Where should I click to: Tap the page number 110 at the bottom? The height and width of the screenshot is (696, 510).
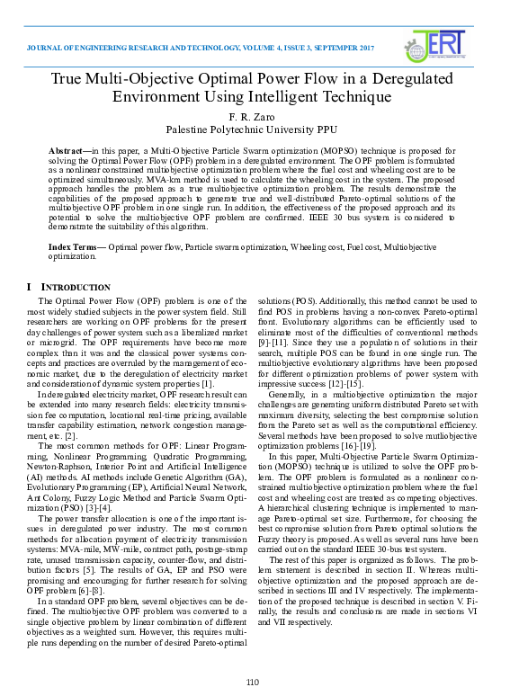(254, 683)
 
